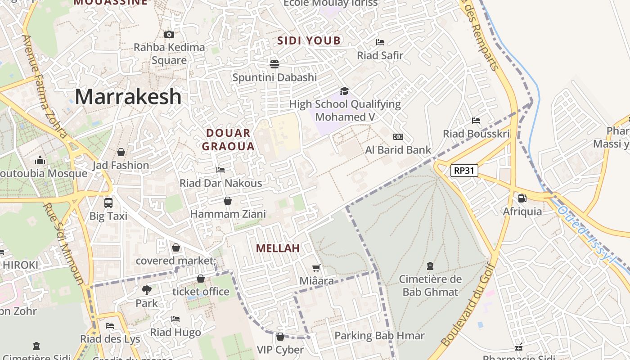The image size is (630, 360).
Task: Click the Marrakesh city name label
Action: click(x=128, y=97)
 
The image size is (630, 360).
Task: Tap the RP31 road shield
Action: click(x=464, y=171)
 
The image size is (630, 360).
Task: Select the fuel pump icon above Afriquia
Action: click(x=522, y=198)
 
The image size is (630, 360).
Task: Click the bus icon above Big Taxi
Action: click(x=108, y=202)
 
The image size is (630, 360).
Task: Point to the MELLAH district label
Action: click(x=278, y=248)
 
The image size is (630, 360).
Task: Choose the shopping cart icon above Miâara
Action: click(x=316, y=268)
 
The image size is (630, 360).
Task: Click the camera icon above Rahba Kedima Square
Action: click(x=169, y=34)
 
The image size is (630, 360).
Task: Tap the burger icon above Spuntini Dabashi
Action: click(x=274, y=64)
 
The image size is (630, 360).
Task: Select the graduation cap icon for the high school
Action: click(x=344, y=91)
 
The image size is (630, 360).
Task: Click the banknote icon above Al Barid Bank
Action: click(x=398, y=137)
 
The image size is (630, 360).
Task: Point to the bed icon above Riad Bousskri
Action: click(x=476, y=121)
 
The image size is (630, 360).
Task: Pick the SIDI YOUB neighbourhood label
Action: click(x=309, y=40)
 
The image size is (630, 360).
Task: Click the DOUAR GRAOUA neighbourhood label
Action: click(x=228, y=139)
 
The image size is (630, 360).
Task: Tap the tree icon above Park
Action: click(x=147, y=290)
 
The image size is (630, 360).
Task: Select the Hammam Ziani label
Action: click(x=228, y=214)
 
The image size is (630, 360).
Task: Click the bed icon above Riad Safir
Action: click(x=380, y=42)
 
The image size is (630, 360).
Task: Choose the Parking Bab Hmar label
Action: click(x=379, y=336)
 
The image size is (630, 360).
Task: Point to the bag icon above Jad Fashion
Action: click(x=121, y=152)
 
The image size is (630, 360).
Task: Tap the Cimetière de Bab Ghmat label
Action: click(x=430, y=285)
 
